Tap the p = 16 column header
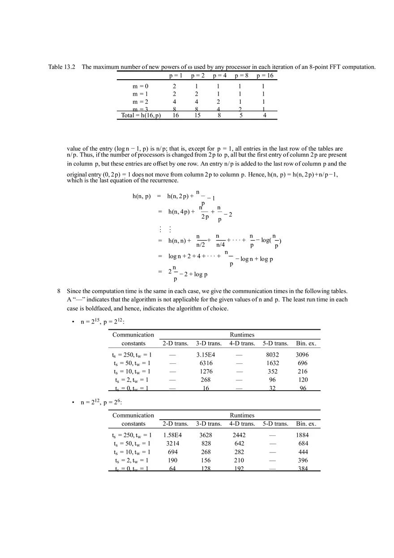265,76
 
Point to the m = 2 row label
140,102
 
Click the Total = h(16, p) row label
141,115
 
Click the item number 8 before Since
59,291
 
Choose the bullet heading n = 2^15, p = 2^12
103,322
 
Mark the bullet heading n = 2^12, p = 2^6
101,402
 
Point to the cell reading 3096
303,355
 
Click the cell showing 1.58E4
172,435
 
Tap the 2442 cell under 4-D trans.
239,435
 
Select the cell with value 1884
303,435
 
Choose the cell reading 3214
172,443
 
